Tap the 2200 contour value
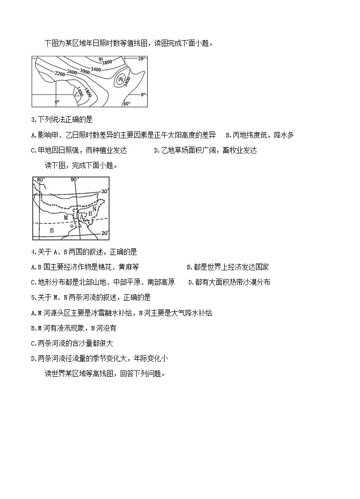point(60,73)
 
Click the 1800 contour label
point(87,91)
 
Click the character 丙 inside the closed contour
point(120,79)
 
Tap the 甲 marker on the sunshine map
point(101,59)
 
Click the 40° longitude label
point(126,104)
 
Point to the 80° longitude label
point(42,180)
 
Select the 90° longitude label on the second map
point(74,180)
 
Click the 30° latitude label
point(105,191)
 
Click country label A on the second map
point(82,216)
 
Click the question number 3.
point(32,120)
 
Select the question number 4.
point(32,252)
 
